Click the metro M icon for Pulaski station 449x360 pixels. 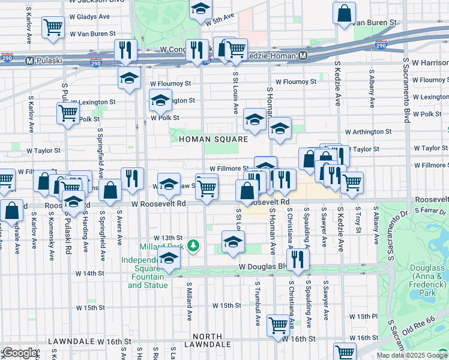pos(29,61)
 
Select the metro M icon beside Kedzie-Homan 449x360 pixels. pos(303,56)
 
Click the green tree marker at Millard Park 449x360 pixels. pos(193,245)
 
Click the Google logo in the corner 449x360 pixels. pos(19,353)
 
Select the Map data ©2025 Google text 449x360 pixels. pos(412,355)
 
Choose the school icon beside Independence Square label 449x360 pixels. pos(169,259)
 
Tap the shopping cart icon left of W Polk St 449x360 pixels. pos(68,112)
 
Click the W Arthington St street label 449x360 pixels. pos(368,131)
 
